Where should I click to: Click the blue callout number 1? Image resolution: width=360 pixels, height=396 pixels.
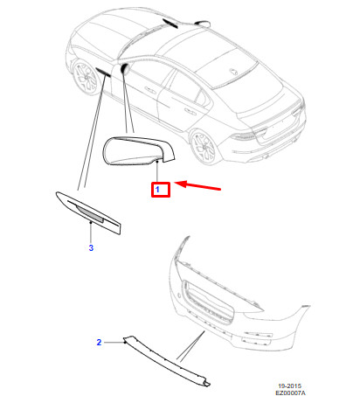tap(157, 190)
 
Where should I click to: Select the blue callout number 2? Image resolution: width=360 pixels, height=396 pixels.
tap(99, 342)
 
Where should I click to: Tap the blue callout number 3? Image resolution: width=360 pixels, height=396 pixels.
tap(91, 247)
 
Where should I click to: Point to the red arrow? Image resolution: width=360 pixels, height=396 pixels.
tap(197, 185)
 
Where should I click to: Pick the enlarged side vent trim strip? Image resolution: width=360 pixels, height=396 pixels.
tap(88, 212)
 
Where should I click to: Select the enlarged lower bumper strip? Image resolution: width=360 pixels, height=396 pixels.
tap(166, 360)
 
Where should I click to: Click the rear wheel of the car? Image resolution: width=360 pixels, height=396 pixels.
tap(203, 147)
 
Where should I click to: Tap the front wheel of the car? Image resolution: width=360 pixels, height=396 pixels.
tap(85, 76)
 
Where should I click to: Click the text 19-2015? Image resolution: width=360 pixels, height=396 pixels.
tap(289, 386)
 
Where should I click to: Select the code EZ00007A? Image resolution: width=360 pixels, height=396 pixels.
tap(290, 393)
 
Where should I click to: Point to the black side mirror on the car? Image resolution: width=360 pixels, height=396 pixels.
tap(125, 68)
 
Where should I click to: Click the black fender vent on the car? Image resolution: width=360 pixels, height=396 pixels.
tap(103, 72)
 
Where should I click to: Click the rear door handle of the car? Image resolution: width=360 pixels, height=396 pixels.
tap(190, 110)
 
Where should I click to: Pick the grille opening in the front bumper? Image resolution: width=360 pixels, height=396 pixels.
tap(209, 302)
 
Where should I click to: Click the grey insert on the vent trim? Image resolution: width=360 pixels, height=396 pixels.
tap(90, 214)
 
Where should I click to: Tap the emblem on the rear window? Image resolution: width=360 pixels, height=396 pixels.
tap(234, 72)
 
